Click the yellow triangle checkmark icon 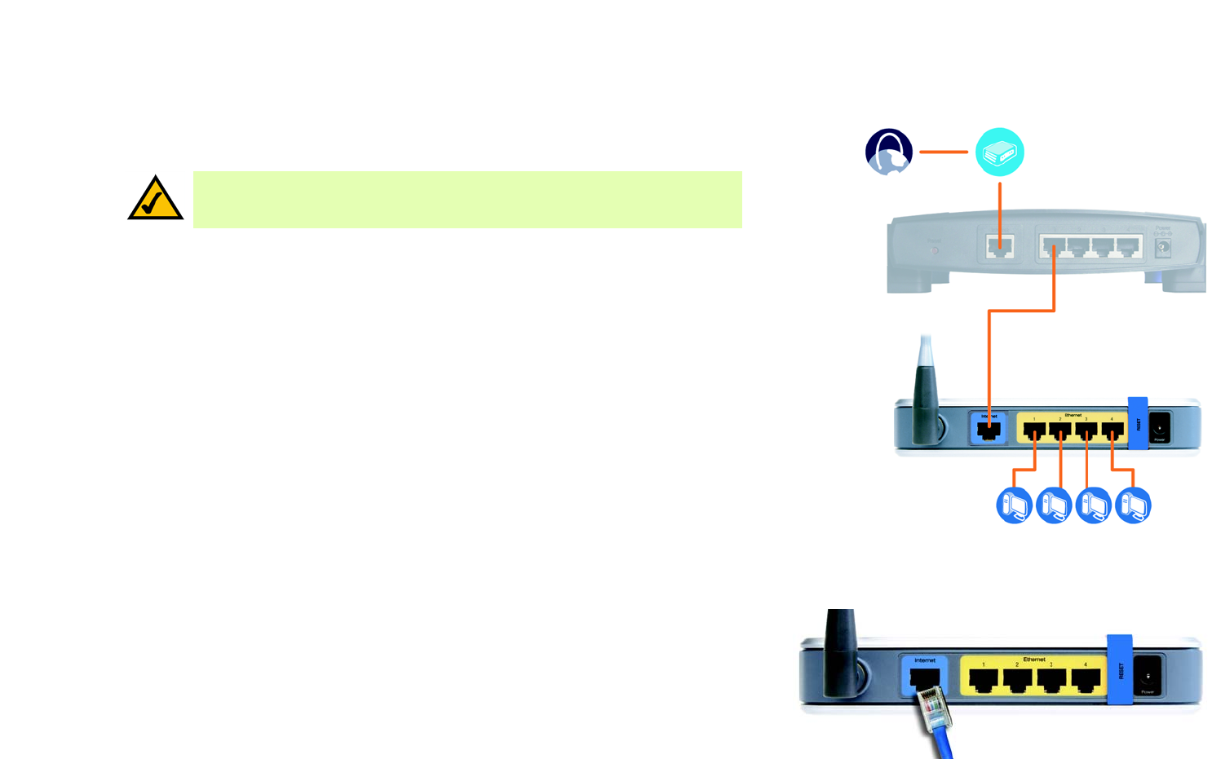coord(155,200)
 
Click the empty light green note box coord(467,200)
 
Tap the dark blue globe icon coord(888,152)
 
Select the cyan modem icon coord(999,152)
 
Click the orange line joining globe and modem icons coord(944,152)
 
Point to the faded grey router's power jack coord(1163,247)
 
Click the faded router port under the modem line coord(999,246)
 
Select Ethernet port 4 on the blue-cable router coord(1085,680)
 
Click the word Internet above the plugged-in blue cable coord(925,660)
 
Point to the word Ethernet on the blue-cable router coord(1034,659)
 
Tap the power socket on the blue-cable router coord(1148,676)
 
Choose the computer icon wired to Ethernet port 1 coord(1015,505)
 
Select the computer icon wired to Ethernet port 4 coord(1133,505)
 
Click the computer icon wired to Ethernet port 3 coord(1094,505)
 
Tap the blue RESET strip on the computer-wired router coord(1138,424)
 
